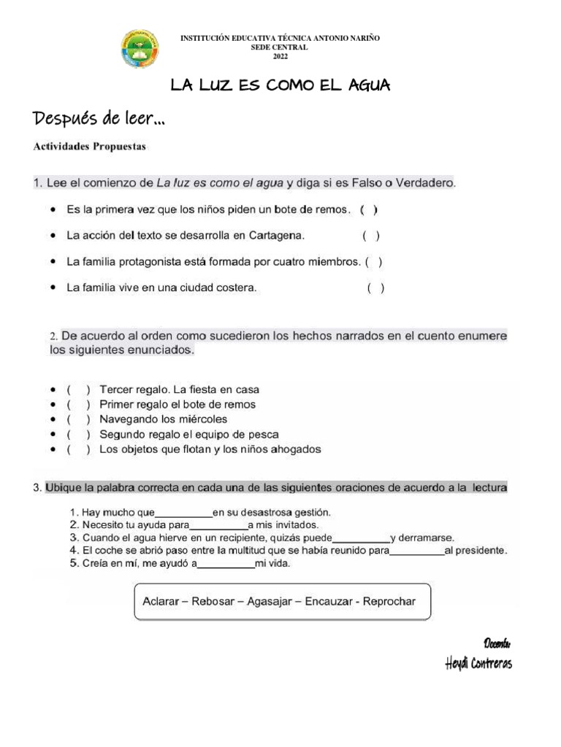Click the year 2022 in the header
(280, 57)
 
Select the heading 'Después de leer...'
(97, 118)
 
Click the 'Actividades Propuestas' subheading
(89, 147)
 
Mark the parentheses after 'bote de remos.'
(369, 209)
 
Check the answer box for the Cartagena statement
(371, 236)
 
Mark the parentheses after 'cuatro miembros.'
(374, 261)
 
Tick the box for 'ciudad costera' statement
(375, 287)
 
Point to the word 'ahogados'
(295, 449)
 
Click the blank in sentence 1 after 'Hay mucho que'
(183, 512)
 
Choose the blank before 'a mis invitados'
(218, 525)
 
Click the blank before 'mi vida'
(226, 563)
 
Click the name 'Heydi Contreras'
(478, 663)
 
